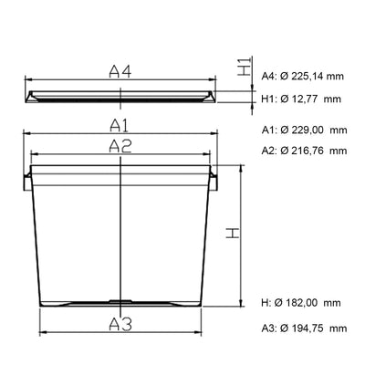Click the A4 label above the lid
(x=120, y=72)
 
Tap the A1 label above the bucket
(x=120, y=125)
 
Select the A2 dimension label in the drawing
(x=120, y=146)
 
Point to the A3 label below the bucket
(x=120, y=324)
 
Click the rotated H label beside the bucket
(x=233, y=233)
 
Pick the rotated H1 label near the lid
(x=245, y=66)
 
